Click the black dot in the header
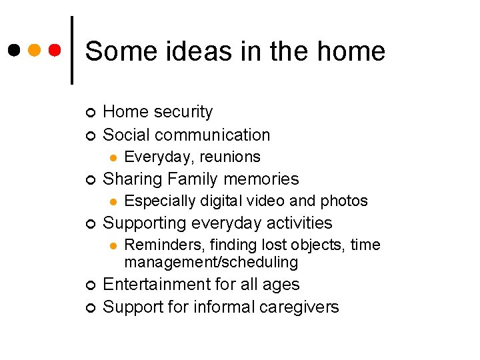pos(15,50)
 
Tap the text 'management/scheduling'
pos(211,262)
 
